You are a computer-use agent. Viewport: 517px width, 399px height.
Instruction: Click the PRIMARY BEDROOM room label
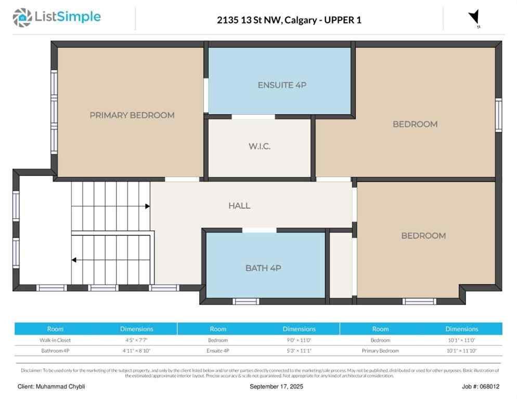(132, 115)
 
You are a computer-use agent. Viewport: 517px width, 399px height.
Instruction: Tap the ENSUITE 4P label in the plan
(281, 85)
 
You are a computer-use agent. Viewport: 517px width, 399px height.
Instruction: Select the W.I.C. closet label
(259, 147)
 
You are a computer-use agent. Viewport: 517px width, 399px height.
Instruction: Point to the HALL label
(239, 206)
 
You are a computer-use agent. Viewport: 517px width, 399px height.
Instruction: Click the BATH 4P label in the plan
(263, 268)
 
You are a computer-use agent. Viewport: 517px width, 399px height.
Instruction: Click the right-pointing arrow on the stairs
(147, 206)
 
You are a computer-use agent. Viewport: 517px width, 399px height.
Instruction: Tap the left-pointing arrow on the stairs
(75, 260)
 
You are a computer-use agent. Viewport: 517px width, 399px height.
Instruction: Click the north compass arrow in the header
(474, 18)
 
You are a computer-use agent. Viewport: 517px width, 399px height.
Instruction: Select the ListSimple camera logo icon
(22, 18)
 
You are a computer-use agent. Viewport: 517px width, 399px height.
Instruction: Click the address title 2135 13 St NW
(289, 20)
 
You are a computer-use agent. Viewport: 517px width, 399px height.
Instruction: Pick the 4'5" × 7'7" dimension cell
(136, 340)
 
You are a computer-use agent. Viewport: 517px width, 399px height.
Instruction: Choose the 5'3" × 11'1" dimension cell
(299, 351)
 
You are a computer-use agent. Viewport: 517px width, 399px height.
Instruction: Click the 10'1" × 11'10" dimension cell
(461, 351)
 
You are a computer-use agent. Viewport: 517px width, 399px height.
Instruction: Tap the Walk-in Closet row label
(55, 340)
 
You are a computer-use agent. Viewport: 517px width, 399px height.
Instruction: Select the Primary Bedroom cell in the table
(380, 351)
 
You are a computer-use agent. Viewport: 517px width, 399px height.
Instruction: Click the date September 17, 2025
(276, 387)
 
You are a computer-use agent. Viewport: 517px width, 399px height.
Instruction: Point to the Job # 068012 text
(480, 387)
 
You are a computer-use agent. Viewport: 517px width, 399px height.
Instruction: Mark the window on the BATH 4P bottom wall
(245, 301)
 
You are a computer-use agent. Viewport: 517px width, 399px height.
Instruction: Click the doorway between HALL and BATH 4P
(259, 230)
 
